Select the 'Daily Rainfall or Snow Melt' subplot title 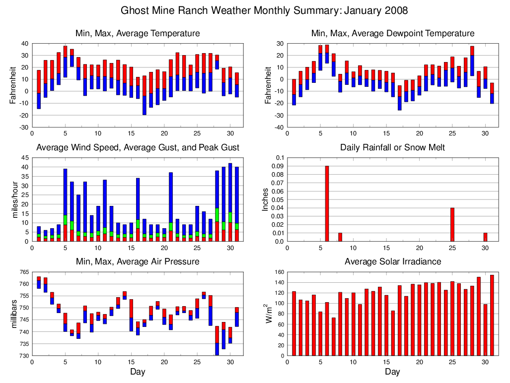click(x=392, y=147)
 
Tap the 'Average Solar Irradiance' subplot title click(x=392, y=261)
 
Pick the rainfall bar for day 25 click(x=452, y=225)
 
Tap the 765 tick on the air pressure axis click(x=23, y=272)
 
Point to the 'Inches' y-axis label click(x=266, y=199)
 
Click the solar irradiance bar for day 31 click(x=492, y=315)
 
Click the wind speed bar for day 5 click(x=65, y=205)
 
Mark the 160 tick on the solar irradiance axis click(x=279, y=272)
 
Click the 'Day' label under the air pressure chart click(x=138, y=372)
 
